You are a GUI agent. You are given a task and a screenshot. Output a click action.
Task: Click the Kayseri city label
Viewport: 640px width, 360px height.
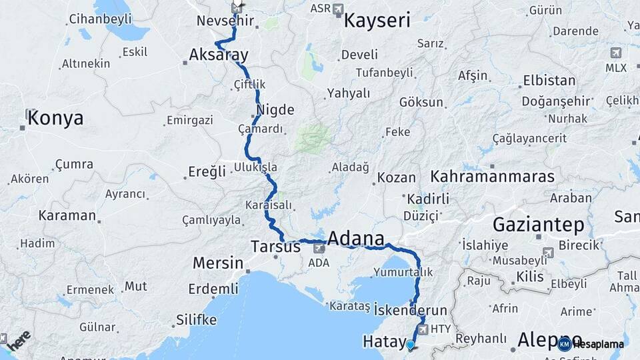pos(377,21)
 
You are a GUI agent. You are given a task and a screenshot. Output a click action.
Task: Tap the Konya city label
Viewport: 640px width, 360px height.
pos(55,119)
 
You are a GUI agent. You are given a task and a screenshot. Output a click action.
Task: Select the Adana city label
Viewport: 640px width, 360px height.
pos(355,239)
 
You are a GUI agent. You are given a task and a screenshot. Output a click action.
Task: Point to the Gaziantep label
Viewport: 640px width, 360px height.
pos(538,224)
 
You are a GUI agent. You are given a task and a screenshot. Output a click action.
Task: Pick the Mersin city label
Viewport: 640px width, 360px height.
pos(218,263)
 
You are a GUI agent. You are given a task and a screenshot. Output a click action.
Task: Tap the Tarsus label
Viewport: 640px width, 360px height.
pos(275,247)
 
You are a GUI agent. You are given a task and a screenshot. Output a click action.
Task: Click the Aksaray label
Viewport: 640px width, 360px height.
pos(219,54)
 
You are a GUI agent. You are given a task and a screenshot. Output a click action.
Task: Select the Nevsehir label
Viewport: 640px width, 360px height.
pos(226,21)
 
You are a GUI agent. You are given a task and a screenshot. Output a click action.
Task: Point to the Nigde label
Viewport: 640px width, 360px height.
pos(275,109)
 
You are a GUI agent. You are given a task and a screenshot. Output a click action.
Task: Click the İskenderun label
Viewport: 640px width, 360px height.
pos(410,310)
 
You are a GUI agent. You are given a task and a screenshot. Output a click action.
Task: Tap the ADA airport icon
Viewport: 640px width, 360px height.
pos(319,248)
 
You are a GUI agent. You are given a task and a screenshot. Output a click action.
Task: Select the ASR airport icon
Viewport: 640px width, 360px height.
pos(338,9)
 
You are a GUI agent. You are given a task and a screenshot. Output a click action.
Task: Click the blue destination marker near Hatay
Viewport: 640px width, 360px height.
pos(410,345)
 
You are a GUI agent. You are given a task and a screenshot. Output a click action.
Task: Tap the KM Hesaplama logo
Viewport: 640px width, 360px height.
pos(591,344)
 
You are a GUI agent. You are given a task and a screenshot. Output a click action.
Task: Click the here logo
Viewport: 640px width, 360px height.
pos(19,338)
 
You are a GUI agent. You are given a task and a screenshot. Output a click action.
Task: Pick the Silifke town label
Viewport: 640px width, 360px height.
pos(197,320)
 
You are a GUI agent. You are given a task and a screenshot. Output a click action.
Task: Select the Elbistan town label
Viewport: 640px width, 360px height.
pos(549,81)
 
